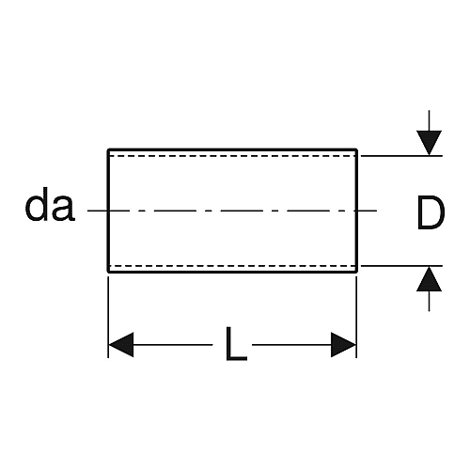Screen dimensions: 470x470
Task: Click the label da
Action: [x=50, y=205]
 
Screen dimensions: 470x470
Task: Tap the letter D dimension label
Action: [x=431, y=211]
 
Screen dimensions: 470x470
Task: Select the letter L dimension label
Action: [x=236, y=343]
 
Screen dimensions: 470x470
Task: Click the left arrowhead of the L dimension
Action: [x=121, y=345]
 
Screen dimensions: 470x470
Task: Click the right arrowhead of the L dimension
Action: [x=344, y=345]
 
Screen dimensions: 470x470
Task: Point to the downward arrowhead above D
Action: [x=429, y=143]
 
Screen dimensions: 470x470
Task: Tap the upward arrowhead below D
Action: [x=429, y=278]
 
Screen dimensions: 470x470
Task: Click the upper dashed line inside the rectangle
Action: [x=232, y=155]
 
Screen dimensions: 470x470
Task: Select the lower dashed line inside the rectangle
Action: [x=232, y=266]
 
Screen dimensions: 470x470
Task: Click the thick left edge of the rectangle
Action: [x=108, y=211]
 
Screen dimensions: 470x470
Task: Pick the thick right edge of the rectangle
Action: [x=356, y=211]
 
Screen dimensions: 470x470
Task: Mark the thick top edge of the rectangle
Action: [x=232, y=149]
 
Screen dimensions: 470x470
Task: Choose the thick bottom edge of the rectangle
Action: [x=232, y=272]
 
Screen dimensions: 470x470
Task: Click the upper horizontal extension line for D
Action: [x=401, y=155]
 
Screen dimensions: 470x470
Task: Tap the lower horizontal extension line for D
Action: [x=401, y=266]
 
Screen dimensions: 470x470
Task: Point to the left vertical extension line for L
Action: [x=108, y=317]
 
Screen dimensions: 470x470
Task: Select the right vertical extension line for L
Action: [x=356, y=317]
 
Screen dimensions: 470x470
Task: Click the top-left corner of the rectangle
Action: [x=108, y=149]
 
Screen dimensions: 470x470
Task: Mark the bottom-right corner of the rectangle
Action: [x=356, y=272]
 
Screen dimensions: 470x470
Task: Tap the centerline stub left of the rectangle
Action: [x=98, y=211]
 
